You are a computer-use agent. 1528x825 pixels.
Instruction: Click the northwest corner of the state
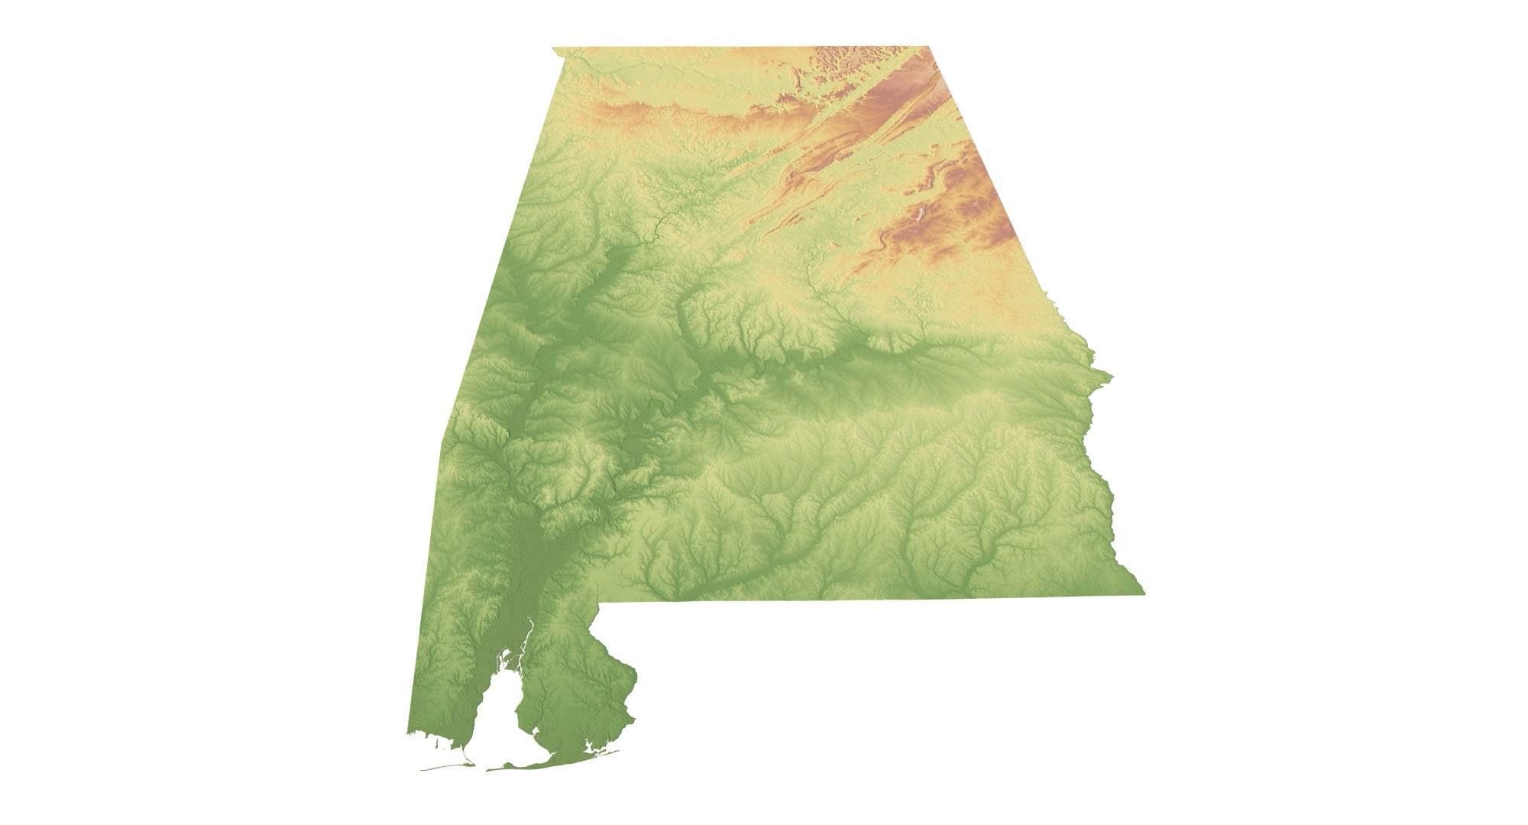coord(553,48)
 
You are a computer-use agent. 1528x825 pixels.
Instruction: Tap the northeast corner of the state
coord(931,47)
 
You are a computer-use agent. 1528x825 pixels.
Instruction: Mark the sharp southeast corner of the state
coord(1143,593)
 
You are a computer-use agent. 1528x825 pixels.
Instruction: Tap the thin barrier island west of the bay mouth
coord(443,766)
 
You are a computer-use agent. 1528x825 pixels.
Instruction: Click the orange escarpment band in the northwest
coord(649,115)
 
